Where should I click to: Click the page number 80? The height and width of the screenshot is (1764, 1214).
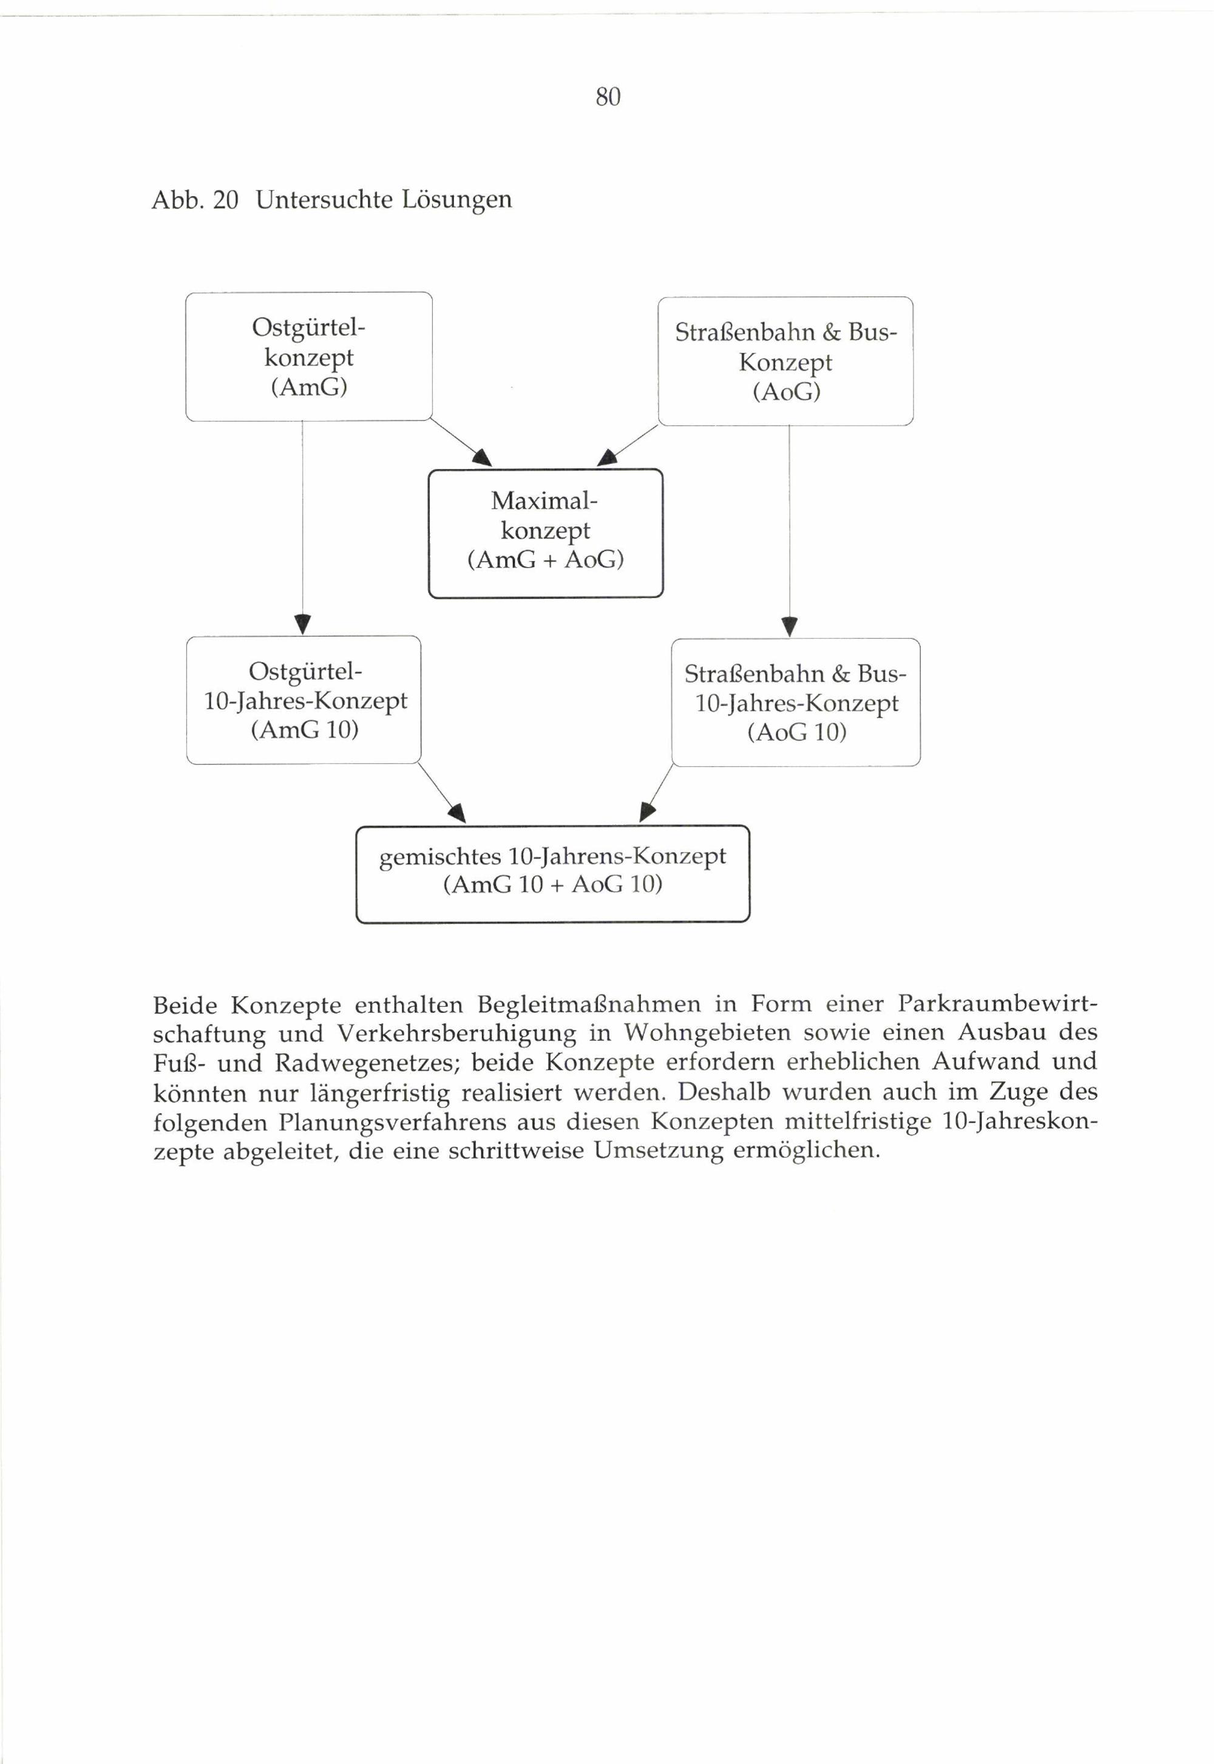tap(608, 97)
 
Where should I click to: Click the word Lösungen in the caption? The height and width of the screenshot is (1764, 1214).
tap(456, 199)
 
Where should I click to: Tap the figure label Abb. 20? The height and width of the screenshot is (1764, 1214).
tap(195, 199)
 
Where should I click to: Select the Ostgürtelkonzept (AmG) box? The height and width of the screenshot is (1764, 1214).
tap(309, 357)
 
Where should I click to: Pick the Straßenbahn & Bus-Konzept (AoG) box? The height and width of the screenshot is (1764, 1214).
tap(785, 361)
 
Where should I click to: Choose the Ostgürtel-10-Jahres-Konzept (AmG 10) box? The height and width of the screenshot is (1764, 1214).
tap(304, 700)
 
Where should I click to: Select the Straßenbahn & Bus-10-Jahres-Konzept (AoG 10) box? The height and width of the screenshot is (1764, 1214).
tap(796, 703)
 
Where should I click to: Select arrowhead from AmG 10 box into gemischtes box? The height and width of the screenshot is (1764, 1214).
tap(457, 814)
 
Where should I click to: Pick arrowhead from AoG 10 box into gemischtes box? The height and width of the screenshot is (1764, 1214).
tap(646, 812)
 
